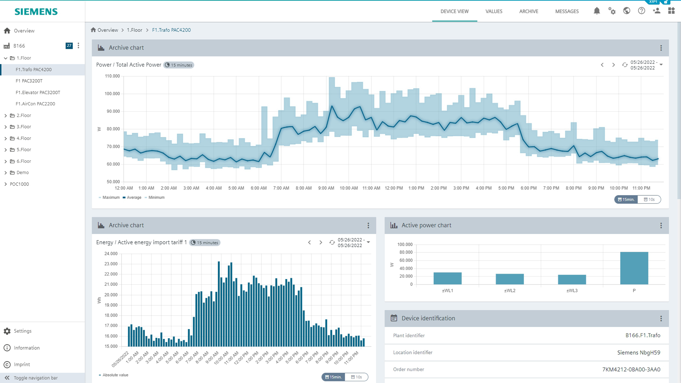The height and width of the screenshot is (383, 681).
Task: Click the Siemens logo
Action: [x=36, y=12]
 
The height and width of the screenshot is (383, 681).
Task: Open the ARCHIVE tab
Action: [x=528, y=11]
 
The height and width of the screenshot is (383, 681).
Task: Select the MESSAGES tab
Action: [x=567, y=11]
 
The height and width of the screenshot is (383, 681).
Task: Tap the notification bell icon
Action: [x=597, y=11]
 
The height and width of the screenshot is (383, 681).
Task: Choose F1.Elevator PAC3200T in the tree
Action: [x=38, y=93]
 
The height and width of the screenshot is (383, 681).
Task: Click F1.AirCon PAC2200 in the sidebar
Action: [x=35, y=104]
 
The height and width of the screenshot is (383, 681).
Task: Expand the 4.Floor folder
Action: [x=6, y=138]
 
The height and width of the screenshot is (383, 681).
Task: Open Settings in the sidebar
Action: [x=23, y=331]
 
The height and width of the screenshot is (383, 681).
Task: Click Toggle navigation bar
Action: [x=35, y=378]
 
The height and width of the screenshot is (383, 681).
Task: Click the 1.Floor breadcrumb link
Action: [x=134, y=30]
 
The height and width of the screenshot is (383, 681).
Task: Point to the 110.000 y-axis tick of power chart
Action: [x=112, y=76]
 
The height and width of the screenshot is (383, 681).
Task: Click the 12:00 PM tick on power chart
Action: [x=394, y=188]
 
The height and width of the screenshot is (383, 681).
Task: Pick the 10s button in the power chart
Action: [x=649, y=200]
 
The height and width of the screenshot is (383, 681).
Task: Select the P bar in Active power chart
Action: [x=634, y=268]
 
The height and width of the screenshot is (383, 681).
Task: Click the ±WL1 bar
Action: [x=448, y=278]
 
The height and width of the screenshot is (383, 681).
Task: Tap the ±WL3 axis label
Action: [x=572, y=291]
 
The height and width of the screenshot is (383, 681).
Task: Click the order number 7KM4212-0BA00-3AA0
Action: [x=631, y=370]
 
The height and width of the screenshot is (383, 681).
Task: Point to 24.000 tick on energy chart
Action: [x=111, y=254]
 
